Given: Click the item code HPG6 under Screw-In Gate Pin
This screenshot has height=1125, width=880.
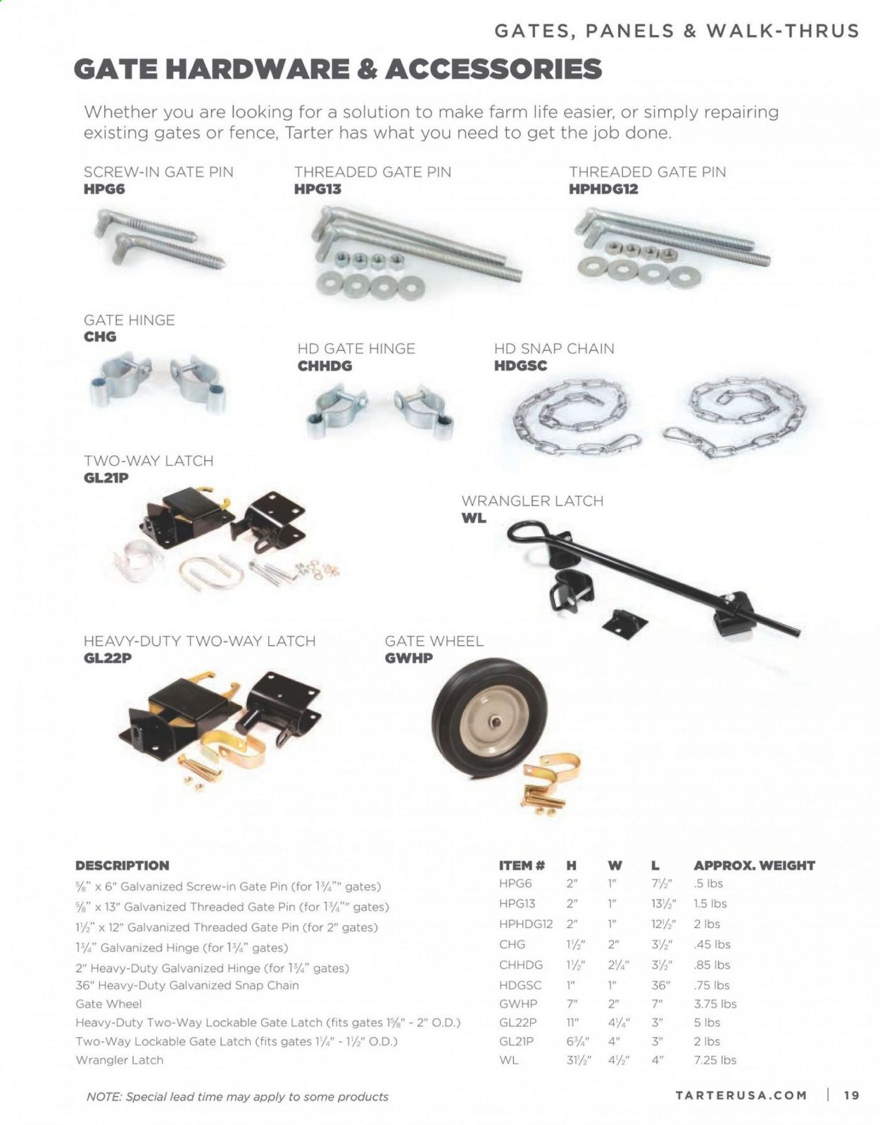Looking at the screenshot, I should click(x=104, y=189).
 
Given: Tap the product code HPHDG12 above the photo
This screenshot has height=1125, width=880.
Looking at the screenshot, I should click(x=603, y=189).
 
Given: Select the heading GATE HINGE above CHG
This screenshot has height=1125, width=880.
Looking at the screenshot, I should click(x=129, y=320).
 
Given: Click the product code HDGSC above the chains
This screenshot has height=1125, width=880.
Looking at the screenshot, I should click(x=520, y=366).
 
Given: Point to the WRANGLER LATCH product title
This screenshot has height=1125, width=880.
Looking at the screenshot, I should click(x=532, y=501).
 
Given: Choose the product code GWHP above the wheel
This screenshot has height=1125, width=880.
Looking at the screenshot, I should click(x=408, y=659).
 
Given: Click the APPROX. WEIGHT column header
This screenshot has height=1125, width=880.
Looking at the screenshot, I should click(x=754, y=865).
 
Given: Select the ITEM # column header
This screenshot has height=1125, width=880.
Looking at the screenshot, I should click(x=522, y=865).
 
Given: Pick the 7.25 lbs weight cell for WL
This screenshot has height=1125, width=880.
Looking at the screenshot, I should click(x=715, y=1060).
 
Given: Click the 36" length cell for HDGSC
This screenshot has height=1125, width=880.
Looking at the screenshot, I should click(x=660, y=985).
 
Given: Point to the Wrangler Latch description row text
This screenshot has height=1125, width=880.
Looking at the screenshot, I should click(x=119, y=1060).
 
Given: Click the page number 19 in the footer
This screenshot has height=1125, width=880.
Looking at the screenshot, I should click(x=851, y=1095).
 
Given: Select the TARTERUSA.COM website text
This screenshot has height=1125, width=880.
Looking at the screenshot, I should click(x=741, y=1095).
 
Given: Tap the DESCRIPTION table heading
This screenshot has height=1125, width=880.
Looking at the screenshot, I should click(x=122, y=865).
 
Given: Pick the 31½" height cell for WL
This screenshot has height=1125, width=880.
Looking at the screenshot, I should click(x=576, y=1060).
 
